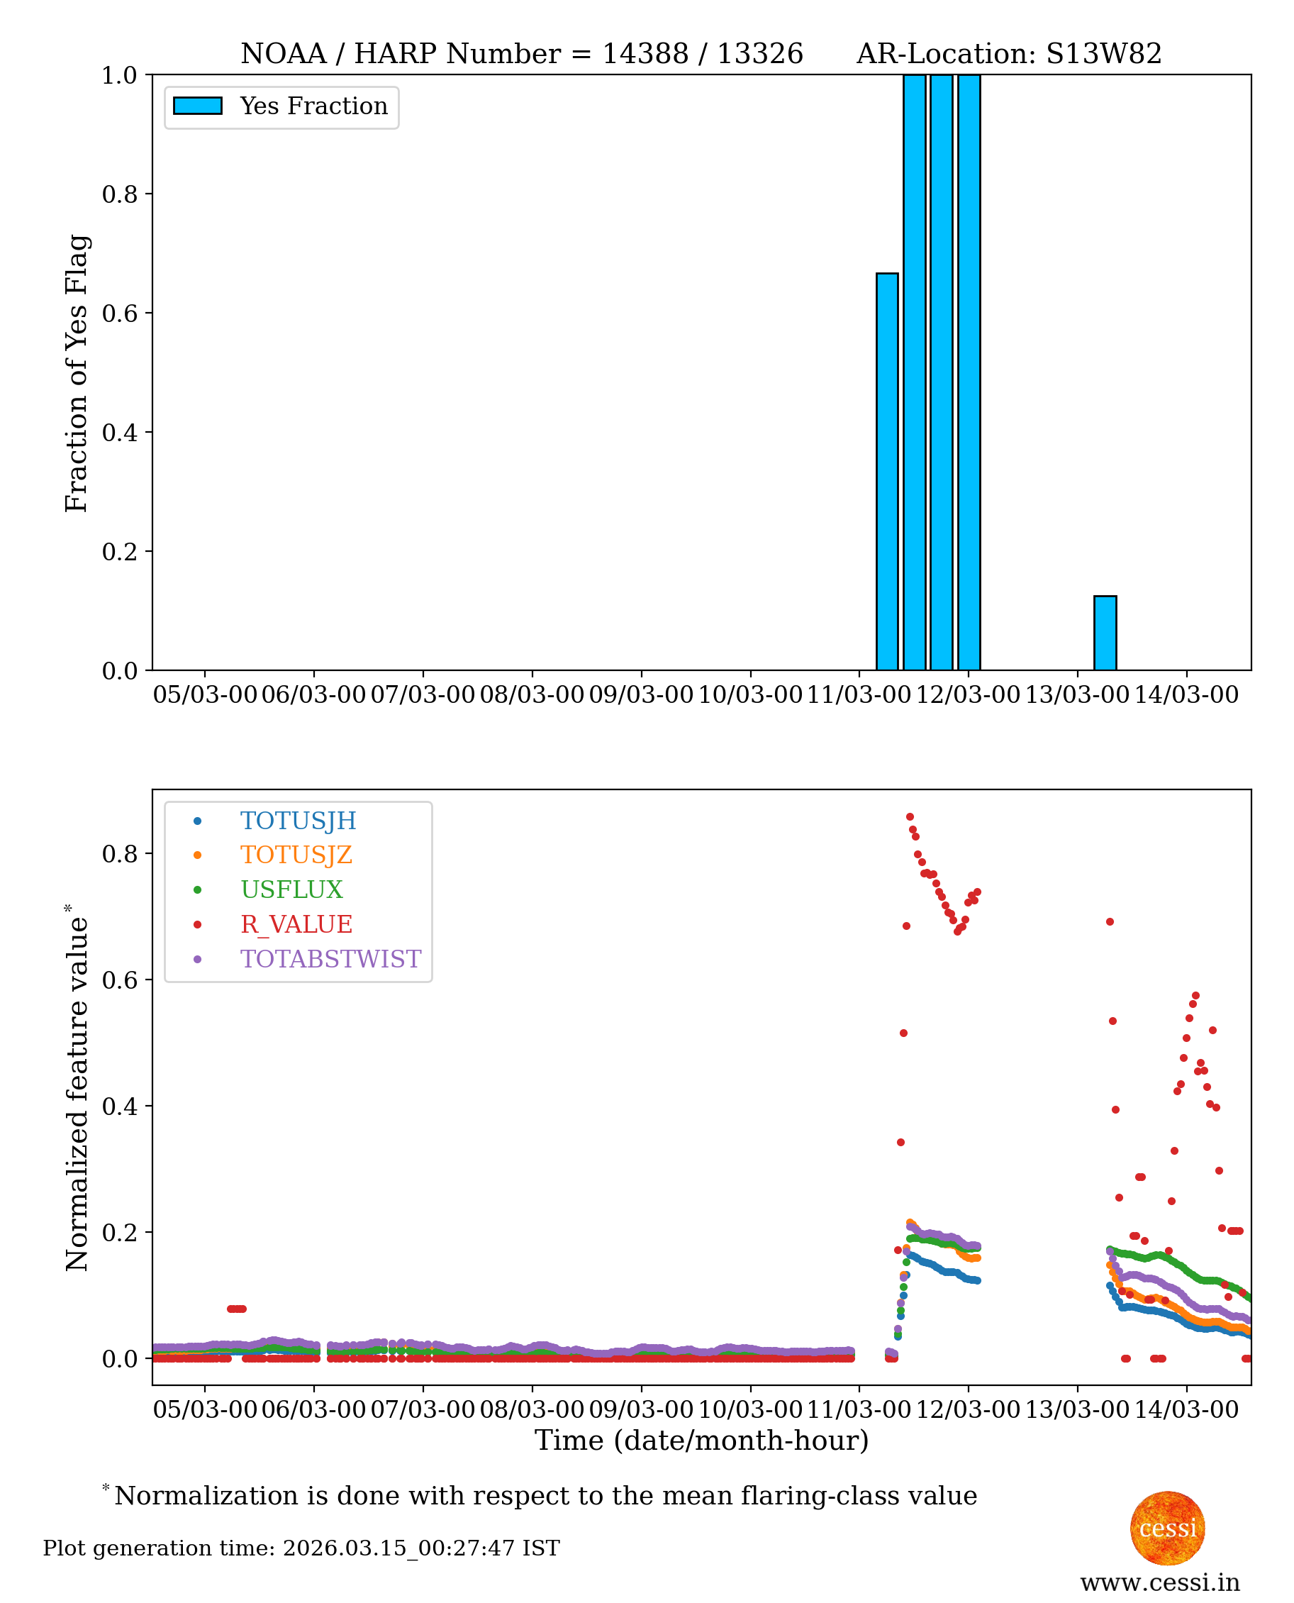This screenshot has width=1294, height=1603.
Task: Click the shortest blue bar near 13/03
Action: tap(1105, 633)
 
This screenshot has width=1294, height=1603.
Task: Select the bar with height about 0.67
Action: tap(887, 472)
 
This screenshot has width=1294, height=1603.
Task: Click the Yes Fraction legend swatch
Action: tap(198, 106)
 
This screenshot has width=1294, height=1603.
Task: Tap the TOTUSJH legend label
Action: tap(299, 821)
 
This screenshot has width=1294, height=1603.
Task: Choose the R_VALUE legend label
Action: tap(296, 924)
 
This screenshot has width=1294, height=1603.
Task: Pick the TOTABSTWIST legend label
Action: tap(330, 959)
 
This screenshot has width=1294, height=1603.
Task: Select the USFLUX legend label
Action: tap(291, 889)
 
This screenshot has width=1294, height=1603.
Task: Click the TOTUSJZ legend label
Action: tap(296, 855)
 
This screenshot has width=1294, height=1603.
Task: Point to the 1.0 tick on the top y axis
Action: tap(119, 75)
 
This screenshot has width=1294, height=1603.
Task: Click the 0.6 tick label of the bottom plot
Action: tap(119, 980)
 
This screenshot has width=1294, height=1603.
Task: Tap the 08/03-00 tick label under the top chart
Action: tap(532, 695)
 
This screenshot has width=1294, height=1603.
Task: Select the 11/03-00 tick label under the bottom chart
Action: tap(859, 1410)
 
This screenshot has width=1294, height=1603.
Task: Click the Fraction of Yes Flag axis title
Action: tap(77, 373)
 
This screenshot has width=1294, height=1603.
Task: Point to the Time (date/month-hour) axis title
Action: tap(701, 1441)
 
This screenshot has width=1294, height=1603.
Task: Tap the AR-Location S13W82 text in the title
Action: tap(1008, 54)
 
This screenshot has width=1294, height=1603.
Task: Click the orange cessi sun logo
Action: tap(1167, 1528)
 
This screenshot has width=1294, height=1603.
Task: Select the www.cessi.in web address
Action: tap(1160, 1582)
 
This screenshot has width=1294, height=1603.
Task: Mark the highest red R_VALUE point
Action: tap(910, 817)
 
